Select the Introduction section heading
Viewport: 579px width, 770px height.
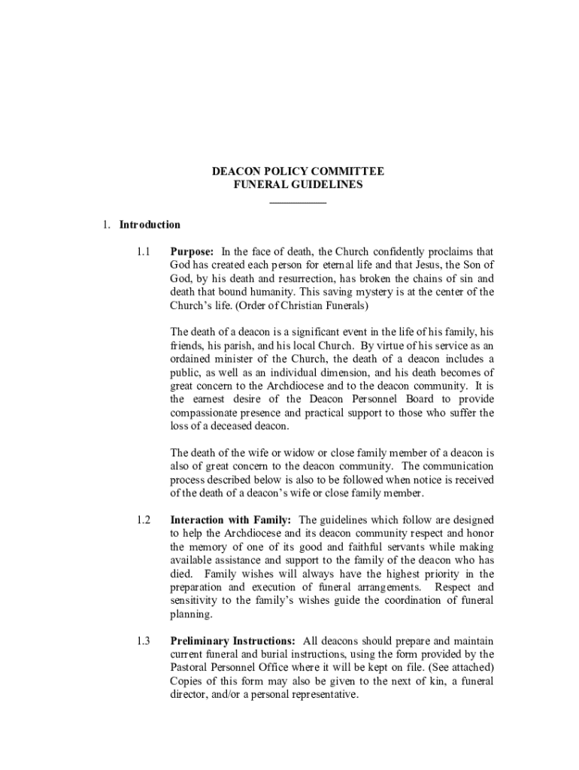pos(147,225)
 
